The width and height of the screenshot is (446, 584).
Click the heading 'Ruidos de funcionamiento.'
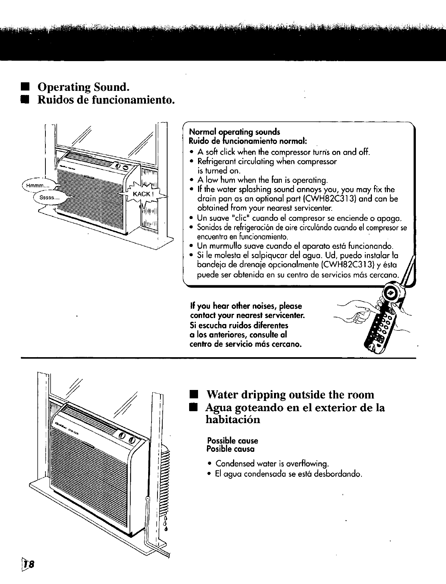click(106, 100)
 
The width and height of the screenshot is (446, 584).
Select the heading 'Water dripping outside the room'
click(290, 394)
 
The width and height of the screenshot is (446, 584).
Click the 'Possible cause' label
click(232, 441)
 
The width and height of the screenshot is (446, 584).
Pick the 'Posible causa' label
click(230, 449)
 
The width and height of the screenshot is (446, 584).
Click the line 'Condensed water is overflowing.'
click(272, 464)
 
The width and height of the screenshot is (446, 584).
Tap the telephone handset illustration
click(383, 320)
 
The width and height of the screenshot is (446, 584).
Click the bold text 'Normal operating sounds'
click(235, 132)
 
